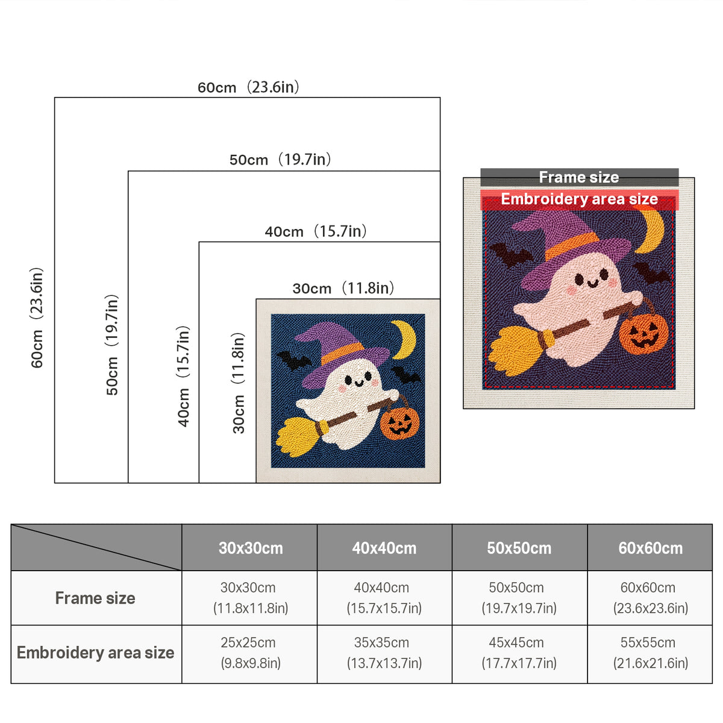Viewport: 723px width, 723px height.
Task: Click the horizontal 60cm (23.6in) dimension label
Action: click(248, 87)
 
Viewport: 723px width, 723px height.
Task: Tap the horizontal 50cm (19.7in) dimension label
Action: click(280, 160)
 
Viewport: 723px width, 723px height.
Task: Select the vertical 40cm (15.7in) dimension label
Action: click(184, 377)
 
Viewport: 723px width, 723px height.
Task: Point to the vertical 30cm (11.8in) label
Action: click(238, 383)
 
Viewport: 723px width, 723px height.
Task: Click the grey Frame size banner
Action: click(579, 177)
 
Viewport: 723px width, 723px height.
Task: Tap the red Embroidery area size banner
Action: click(579, 199)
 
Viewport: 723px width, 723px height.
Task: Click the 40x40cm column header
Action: click(384, 548)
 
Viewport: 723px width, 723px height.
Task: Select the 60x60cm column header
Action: click(650, 548)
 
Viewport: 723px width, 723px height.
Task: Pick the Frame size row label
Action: click(95, 598)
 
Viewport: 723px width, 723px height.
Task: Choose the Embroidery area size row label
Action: click(95, 653)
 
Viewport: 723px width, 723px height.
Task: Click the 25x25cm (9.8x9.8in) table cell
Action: click(250, 653)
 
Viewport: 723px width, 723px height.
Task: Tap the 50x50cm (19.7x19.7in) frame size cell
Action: click(519, 598)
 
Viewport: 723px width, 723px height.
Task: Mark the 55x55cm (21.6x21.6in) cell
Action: click(650, 653)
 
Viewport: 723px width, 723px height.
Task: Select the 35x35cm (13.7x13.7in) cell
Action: click(384, 653)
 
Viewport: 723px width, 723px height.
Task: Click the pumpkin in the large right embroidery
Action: click(643, 333)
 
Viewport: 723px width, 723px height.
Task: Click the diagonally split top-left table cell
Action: click(96, 548)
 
